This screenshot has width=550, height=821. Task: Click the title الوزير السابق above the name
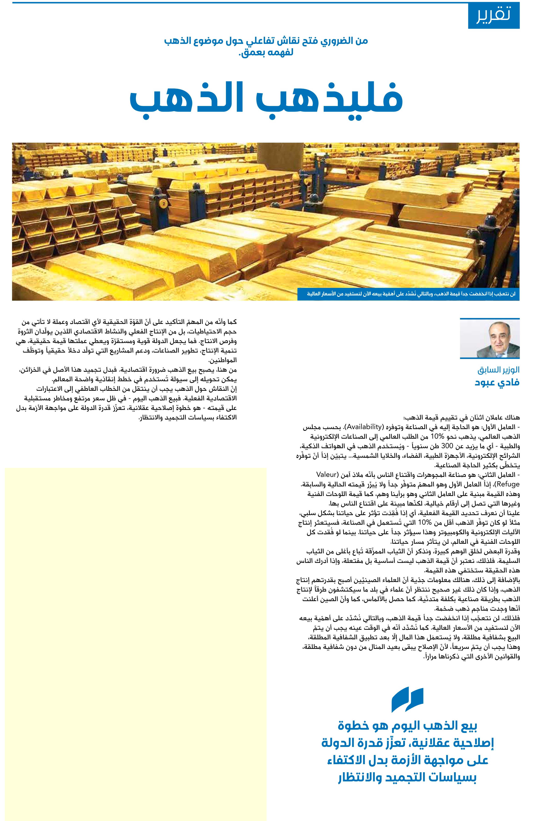[x=498, y=370]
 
